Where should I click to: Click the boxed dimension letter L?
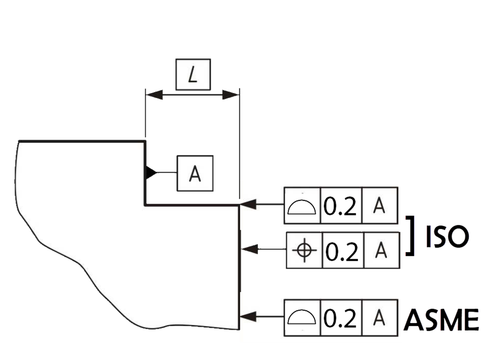click(x=193, y=75)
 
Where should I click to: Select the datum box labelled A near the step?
click(x=195, y=173)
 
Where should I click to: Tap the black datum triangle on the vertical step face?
click(x=151, y=173)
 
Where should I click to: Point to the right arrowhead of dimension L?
click(x=230, y=95)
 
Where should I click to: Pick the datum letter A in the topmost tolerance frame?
click(x=379, y=206)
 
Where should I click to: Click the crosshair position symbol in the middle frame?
click(x=305, y=250)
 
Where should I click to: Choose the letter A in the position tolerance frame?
click(x=381, y=250)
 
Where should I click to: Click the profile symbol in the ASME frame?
click(x=302, y=317)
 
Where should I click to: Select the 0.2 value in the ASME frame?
click(x=341, y=318)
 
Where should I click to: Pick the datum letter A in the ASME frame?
click(x=379, y=318)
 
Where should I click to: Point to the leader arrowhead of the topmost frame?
click(x=247, y=205)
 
